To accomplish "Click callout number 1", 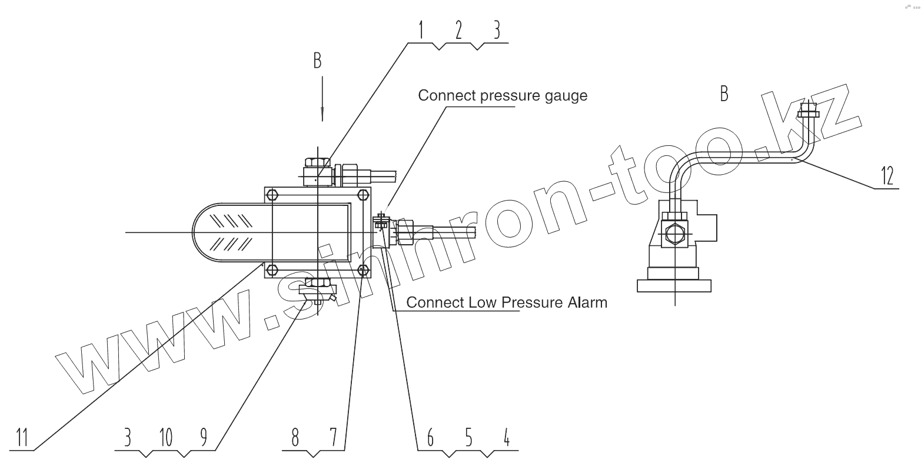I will [421, 30].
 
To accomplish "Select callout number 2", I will [459, 30].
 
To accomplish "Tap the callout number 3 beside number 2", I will [497, 30].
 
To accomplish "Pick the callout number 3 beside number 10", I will [127, 437].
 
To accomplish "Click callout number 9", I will [204, 437].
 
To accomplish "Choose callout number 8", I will [295, 437].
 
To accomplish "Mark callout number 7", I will [333, 437].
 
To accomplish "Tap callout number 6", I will [430, 437].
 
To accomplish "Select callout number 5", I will [468, 437].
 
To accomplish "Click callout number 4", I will [507, 437].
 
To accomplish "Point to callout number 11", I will [22, 437].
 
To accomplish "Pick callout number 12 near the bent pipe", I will [887, 175].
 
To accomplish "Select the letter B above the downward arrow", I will [317, 61].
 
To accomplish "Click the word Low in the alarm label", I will [481, 302].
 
